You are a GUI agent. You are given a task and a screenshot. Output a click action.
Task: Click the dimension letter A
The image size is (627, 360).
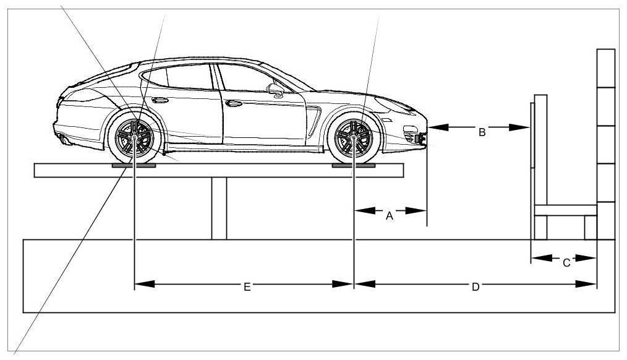point(390,216)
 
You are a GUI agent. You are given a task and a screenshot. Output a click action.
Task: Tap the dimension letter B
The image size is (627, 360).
point(482,132)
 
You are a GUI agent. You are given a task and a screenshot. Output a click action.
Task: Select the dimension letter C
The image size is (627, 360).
point(566,262)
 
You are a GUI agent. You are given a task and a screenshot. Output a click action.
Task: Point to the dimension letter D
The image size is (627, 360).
point(476,287)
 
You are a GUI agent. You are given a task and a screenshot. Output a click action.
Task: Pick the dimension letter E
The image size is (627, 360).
point(246,287)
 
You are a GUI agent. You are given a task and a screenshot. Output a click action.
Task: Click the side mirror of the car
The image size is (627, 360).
point(276,90)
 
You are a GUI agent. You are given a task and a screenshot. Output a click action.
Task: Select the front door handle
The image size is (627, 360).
point(234,103)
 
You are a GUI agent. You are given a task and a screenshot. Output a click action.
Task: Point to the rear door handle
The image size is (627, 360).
point(159,100)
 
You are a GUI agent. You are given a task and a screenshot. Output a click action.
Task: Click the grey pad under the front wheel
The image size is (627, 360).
point(353,166)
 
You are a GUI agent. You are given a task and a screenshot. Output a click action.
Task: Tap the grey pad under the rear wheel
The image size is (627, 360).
point(134,166)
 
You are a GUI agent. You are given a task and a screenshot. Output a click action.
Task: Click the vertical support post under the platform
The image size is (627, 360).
point(219,208)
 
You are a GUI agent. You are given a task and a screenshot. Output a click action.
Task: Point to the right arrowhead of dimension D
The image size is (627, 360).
point(591,284)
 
